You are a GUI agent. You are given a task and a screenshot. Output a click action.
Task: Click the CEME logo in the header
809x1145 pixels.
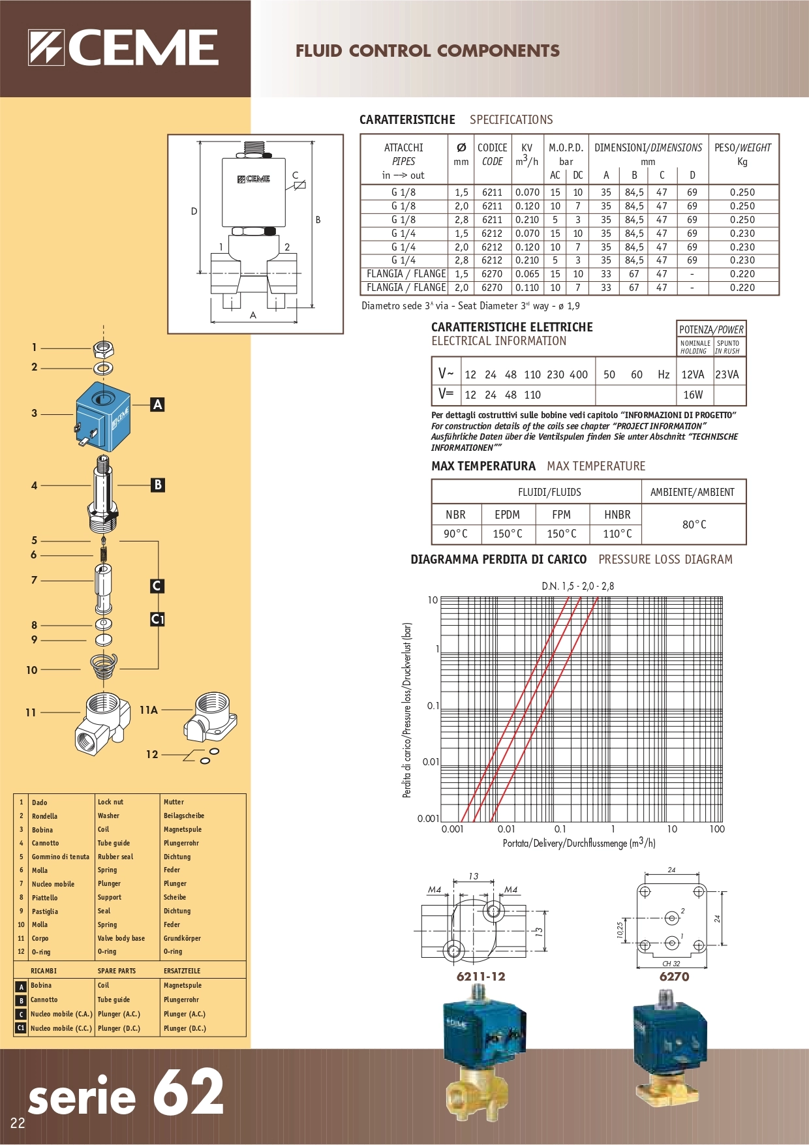click(x=123, y=48)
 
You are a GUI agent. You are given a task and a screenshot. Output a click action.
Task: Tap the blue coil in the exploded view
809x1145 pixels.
click(x=102, y=418)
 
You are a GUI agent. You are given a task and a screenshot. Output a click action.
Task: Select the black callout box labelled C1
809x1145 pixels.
click(x=157, y=618)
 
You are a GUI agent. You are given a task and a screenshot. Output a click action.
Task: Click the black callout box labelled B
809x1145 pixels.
click(x=157, y=485)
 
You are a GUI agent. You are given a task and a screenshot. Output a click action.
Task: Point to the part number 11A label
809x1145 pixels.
click(x=149, y=710)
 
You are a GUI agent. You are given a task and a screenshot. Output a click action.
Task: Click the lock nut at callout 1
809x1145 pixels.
click(x=103, y=348)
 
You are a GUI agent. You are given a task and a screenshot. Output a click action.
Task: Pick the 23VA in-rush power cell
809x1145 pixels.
click(x=727, y=374)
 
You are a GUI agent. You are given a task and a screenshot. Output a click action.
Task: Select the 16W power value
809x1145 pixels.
click(x=693, y=395)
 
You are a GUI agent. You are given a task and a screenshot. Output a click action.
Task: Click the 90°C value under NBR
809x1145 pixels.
click(x=455, y=534)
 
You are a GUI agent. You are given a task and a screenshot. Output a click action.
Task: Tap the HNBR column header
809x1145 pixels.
click(x=617, y=515)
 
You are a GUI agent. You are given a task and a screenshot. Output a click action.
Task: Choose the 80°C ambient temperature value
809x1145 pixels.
click(x=694, y=525)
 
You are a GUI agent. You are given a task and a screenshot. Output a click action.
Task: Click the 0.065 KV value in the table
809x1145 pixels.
click(x=527, y=274)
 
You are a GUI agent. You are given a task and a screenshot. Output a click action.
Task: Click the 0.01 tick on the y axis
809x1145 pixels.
click(x=431, y=761)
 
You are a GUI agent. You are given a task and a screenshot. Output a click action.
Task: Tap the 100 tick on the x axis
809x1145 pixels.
click(x=717, y=829)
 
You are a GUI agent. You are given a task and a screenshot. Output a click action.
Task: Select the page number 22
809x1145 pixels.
click(x=18, y=1123)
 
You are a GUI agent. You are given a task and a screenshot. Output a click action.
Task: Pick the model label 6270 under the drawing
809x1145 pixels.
click(x=674, y=977)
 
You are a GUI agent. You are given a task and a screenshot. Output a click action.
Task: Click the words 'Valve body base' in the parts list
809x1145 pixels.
click(x=121, y=938)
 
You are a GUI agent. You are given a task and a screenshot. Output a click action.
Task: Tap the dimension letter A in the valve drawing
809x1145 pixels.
click(x=253, y=315)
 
